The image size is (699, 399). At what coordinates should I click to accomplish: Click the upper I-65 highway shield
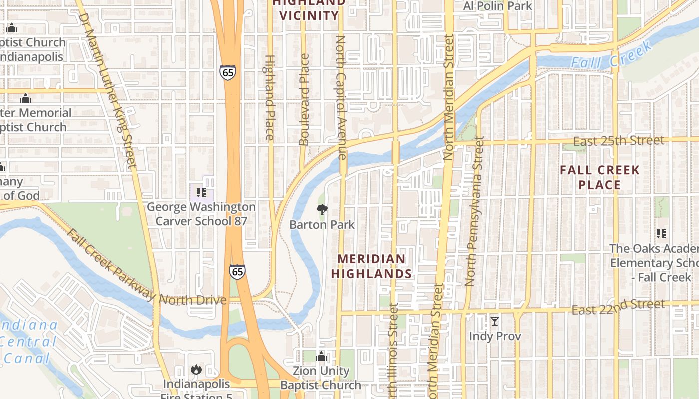tap(227, 72)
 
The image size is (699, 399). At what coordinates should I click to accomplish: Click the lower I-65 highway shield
tap(238, 272)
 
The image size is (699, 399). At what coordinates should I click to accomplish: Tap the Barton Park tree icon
tap(322, 210)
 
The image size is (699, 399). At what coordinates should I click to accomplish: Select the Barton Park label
tap(322, 225)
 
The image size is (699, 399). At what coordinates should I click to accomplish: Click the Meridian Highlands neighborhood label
tap(371, 266)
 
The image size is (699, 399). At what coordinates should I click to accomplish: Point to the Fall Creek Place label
tap(599, 177)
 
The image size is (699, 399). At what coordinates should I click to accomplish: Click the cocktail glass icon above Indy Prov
tap(495, 321)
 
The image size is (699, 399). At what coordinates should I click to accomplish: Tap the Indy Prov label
tap(495, 336)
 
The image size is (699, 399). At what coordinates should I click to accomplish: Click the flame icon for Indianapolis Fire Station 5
tap(196, 370)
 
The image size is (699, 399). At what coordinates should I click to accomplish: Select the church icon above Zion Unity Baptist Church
tap(321, 357)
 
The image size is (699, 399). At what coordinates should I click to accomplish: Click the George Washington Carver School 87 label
tap(201, 214)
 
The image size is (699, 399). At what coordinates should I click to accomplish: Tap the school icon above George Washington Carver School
tap(201, 193)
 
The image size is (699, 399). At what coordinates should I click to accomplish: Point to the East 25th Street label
tap(618, 141)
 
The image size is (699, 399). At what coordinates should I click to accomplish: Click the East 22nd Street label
tap(618, 307)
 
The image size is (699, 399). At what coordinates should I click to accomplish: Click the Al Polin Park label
tap(497, 6)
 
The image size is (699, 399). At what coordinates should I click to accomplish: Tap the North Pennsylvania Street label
tap(475, 211)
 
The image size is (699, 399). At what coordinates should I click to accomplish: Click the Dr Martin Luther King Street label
tap(107, 92)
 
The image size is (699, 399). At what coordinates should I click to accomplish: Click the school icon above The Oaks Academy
tap(661, 233)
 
